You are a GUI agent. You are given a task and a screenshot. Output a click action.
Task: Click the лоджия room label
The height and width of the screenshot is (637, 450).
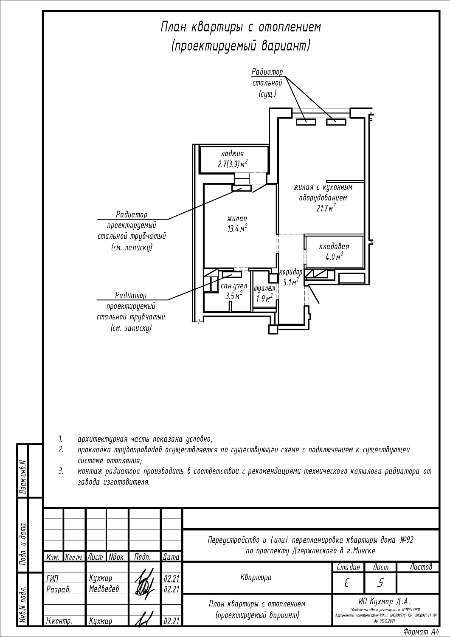pos(232,154)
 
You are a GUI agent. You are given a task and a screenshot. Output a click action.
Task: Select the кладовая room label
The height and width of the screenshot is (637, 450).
pos(334,246)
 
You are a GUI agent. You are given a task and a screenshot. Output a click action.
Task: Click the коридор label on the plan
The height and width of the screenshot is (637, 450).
pos(291,272)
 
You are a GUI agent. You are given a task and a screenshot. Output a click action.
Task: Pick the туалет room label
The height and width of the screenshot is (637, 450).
pos(264,288)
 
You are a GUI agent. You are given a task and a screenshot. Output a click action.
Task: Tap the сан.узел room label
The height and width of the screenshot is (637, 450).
pos(233,286)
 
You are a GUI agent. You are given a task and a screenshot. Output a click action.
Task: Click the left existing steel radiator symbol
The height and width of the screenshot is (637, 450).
pos(306,122)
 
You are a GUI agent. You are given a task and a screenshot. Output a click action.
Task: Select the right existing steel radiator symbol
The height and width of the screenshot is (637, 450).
pos(337,122)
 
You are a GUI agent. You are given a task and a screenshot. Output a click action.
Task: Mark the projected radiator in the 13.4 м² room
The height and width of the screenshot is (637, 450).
pos(241,188)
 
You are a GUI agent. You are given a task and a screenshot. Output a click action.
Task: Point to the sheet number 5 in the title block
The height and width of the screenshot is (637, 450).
pos(380,583)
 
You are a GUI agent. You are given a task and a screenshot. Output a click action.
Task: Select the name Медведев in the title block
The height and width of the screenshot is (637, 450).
pos(104,589)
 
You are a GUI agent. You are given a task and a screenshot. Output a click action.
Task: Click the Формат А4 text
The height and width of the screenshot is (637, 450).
pos(421,631)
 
